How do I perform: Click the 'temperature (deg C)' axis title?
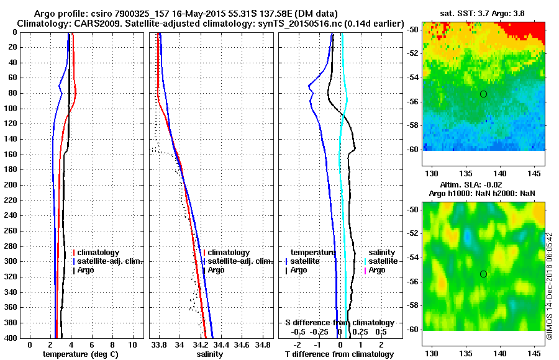coord(80,354)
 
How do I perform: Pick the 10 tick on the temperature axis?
coord(132,344)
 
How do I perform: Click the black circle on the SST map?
coord(483,94)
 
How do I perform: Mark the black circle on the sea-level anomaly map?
coord(483,274)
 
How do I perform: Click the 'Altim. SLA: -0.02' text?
coord(483,185)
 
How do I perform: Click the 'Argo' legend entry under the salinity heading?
coord(377,270)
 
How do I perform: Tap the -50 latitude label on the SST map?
coord(412,30)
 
